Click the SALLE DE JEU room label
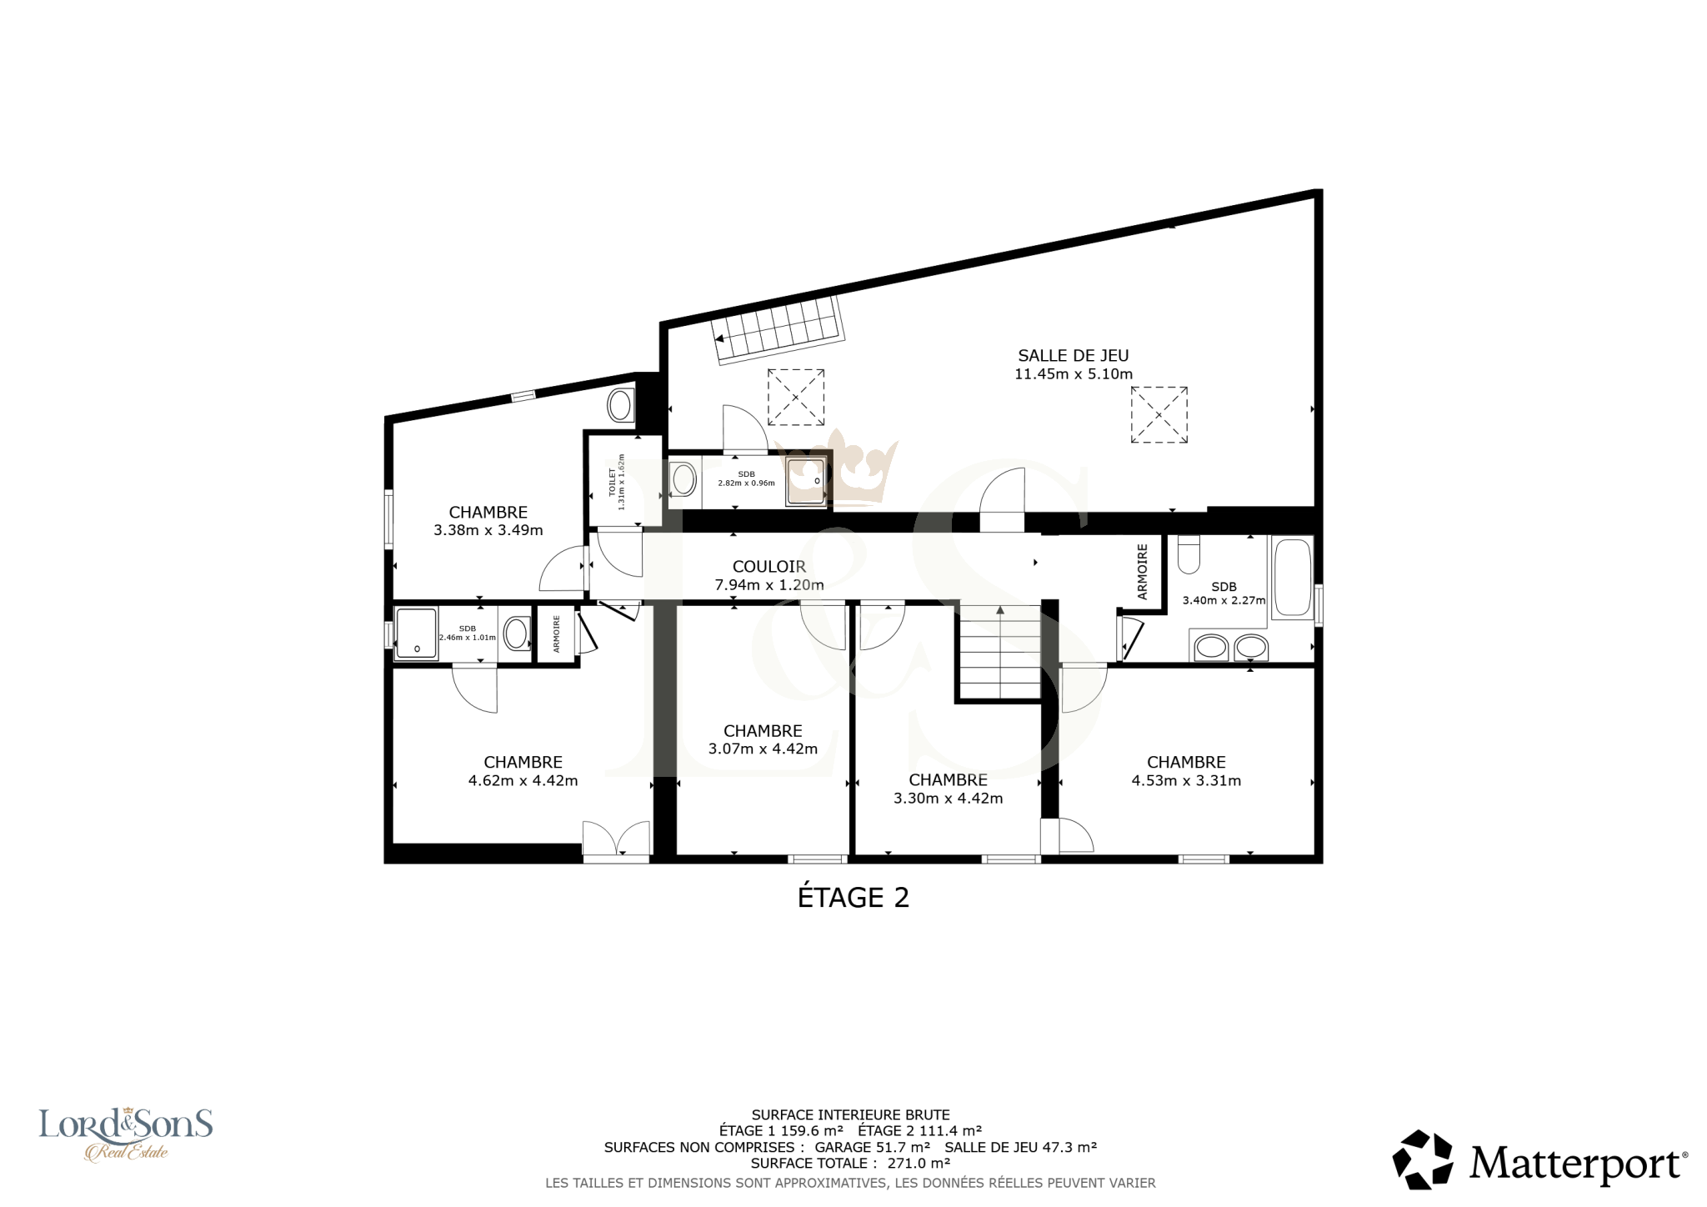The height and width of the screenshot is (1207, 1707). tap(1074, 356)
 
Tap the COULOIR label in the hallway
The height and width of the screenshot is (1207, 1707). tap(769, 567)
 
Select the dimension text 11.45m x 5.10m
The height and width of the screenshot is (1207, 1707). tap(1074, 374)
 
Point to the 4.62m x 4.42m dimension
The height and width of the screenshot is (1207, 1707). tap(523, 781)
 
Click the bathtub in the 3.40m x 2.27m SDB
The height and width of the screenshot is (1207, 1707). tap(1292, 577)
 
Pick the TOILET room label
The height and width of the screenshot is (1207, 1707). tap(612, 482)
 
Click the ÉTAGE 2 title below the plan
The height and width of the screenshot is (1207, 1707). tap(853, 898)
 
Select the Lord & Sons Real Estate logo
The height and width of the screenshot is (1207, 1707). tap(126, 1134)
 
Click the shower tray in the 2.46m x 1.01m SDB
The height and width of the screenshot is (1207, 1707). tap(416, 634)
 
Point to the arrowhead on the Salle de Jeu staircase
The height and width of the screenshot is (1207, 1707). tap(719, 338)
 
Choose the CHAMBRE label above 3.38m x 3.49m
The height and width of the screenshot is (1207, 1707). tap(488, 513)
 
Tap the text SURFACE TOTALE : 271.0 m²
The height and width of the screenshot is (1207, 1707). tap(850, 1164)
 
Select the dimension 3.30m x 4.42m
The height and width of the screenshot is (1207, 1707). tap(949, 799)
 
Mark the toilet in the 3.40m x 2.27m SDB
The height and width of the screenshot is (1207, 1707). tap(1189, 553)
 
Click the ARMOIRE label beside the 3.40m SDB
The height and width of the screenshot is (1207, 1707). tap(1143, 572)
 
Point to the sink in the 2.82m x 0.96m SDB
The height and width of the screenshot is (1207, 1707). tap(684, 480)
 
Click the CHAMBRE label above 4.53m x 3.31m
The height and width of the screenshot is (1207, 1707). tap(1186, 763)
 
